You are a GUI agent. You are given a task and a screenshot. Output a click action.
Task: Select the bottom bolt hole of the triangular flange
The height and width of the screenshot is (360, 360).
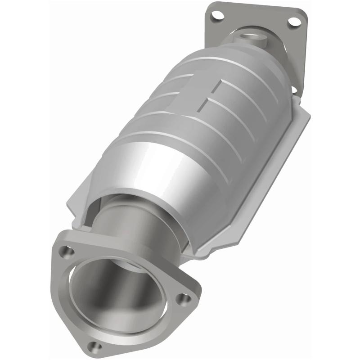coord(94,346)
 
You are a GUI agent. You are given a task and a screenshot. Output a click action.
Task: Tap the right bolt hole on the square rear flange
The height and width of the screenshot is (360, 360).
coord(293,21)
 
